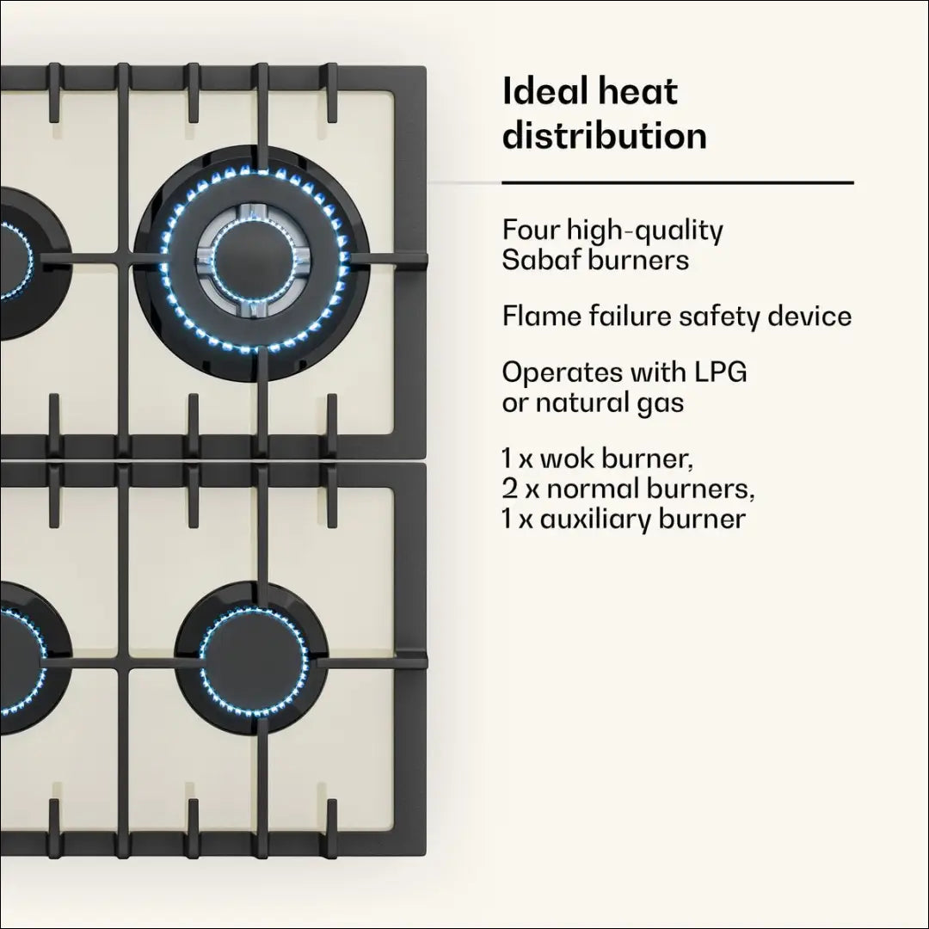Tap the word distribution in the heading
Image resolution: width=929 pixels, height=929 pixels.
[604, 136]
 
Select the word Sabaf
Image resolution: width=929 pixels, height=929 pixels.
[540, 260]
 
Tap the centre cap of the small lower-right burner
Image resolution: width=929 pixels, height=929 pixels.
[253, 661]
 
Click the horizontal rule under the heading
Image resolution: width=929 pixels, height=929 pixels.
[677, 183]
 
